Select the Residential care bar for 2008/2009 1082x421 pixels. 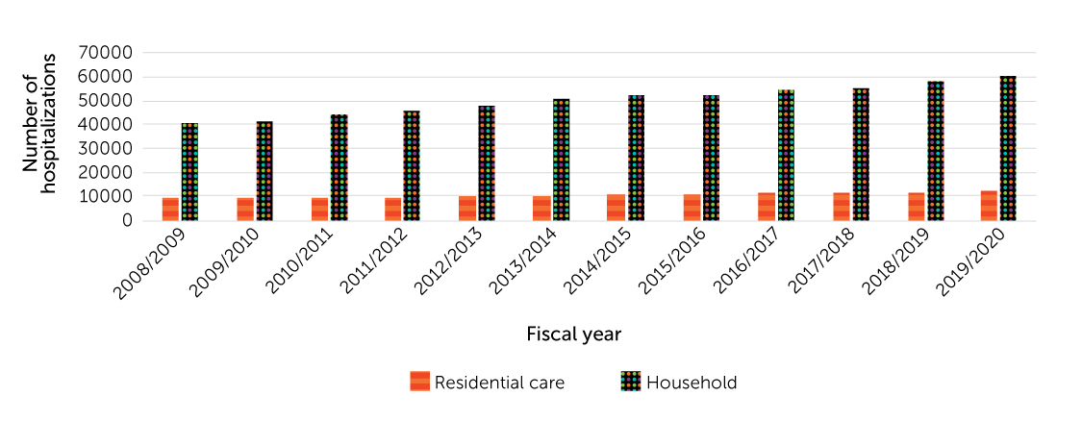pyautogui.click(x=170, y=209)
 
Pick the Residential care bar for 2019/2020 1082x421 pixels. pyautogui.click(x=989, y=206)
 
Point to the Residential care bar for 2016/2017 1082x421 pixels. pyautogui.click(x=766, y=207)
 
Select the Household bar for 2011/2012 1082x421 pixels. pyautogui.click(x=412, y=165)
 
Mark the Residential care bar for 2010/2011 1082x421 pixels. pyautogui.click(x=319, y=209)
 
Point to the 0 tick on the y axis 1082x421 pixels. pyautogui.click(x=127, y=220)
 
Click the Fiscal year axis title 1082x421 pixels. pyautogui.click(x=573, y=334)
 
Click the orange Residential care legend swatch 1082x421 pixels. pyautogui.click(x=419, y=382)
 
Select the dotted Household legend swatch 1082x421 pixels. pyautogui.click(x=630, y=382)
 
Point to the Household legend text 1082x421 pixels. pyautogui.click(x=692, y=382)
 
